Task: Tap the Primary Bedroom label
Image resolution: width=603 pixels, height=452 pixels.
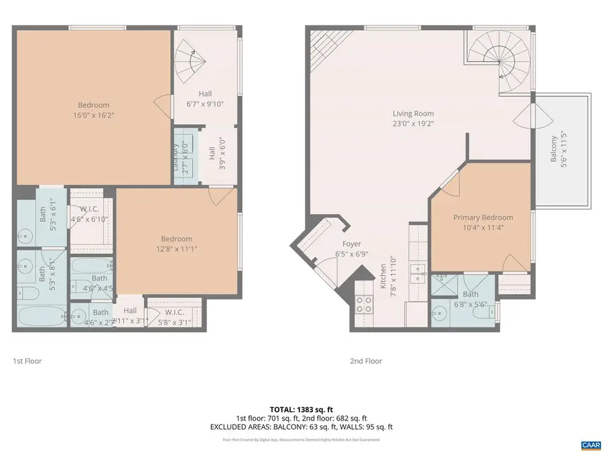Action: click(x=482, y=222)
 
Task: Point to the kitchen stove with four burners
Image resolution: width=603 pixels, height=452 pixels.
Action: click(x=364, y=305)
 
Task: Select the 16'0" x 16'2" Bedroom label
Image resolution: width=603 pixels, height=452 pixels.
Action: click(x=93, y=110)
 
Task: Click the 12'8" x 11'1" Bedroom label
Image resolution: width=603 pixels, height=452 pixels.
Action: click(x=176, y=244)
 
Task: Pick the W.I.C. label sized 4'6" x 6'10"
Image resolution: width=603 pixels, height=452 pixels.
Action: click(x=89, y=214)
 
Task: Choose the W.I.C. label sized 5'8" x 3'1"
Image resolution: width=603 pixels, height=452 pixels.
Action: click(x=174, y=317)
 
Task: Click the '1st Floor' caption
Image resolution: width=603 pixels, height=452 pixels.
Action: click(x=27, y=361)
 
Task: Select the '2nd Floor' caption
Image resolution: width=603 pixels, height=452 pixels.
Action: click(x=366, y=361)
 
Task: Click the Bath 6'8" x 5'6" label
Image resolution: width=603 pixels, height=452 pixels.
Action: click(x=470, y=298)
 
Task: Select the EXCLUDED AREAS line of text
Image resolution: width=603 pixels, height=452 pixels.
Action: click(x=301, y=427)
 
